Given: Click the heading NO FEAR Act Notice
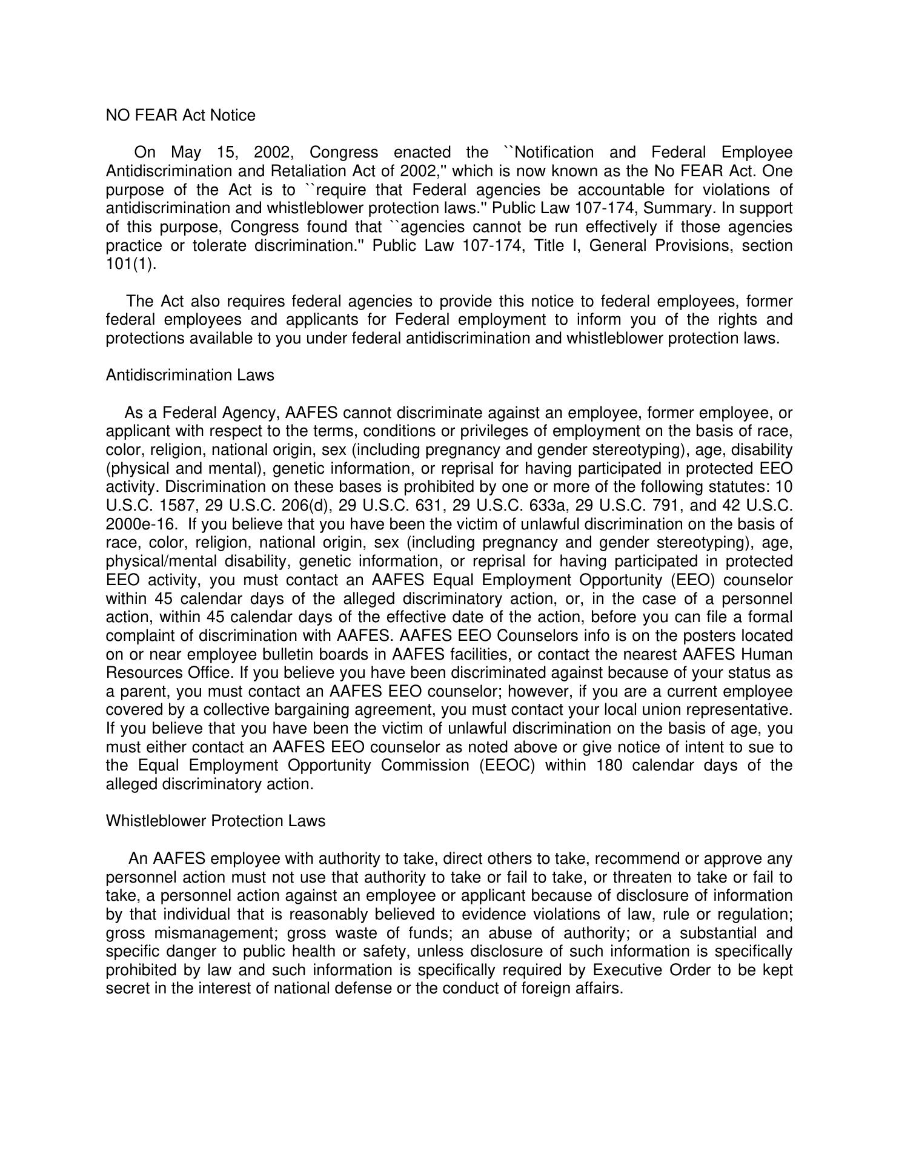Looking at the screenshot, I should [181, 115].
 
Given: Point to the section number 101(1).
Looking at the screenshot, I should [131, 264].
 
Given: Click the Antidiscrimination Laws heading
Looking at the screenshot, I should [190, 375].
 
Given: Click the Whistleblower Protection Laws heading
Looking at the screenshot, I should [215, 821].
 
